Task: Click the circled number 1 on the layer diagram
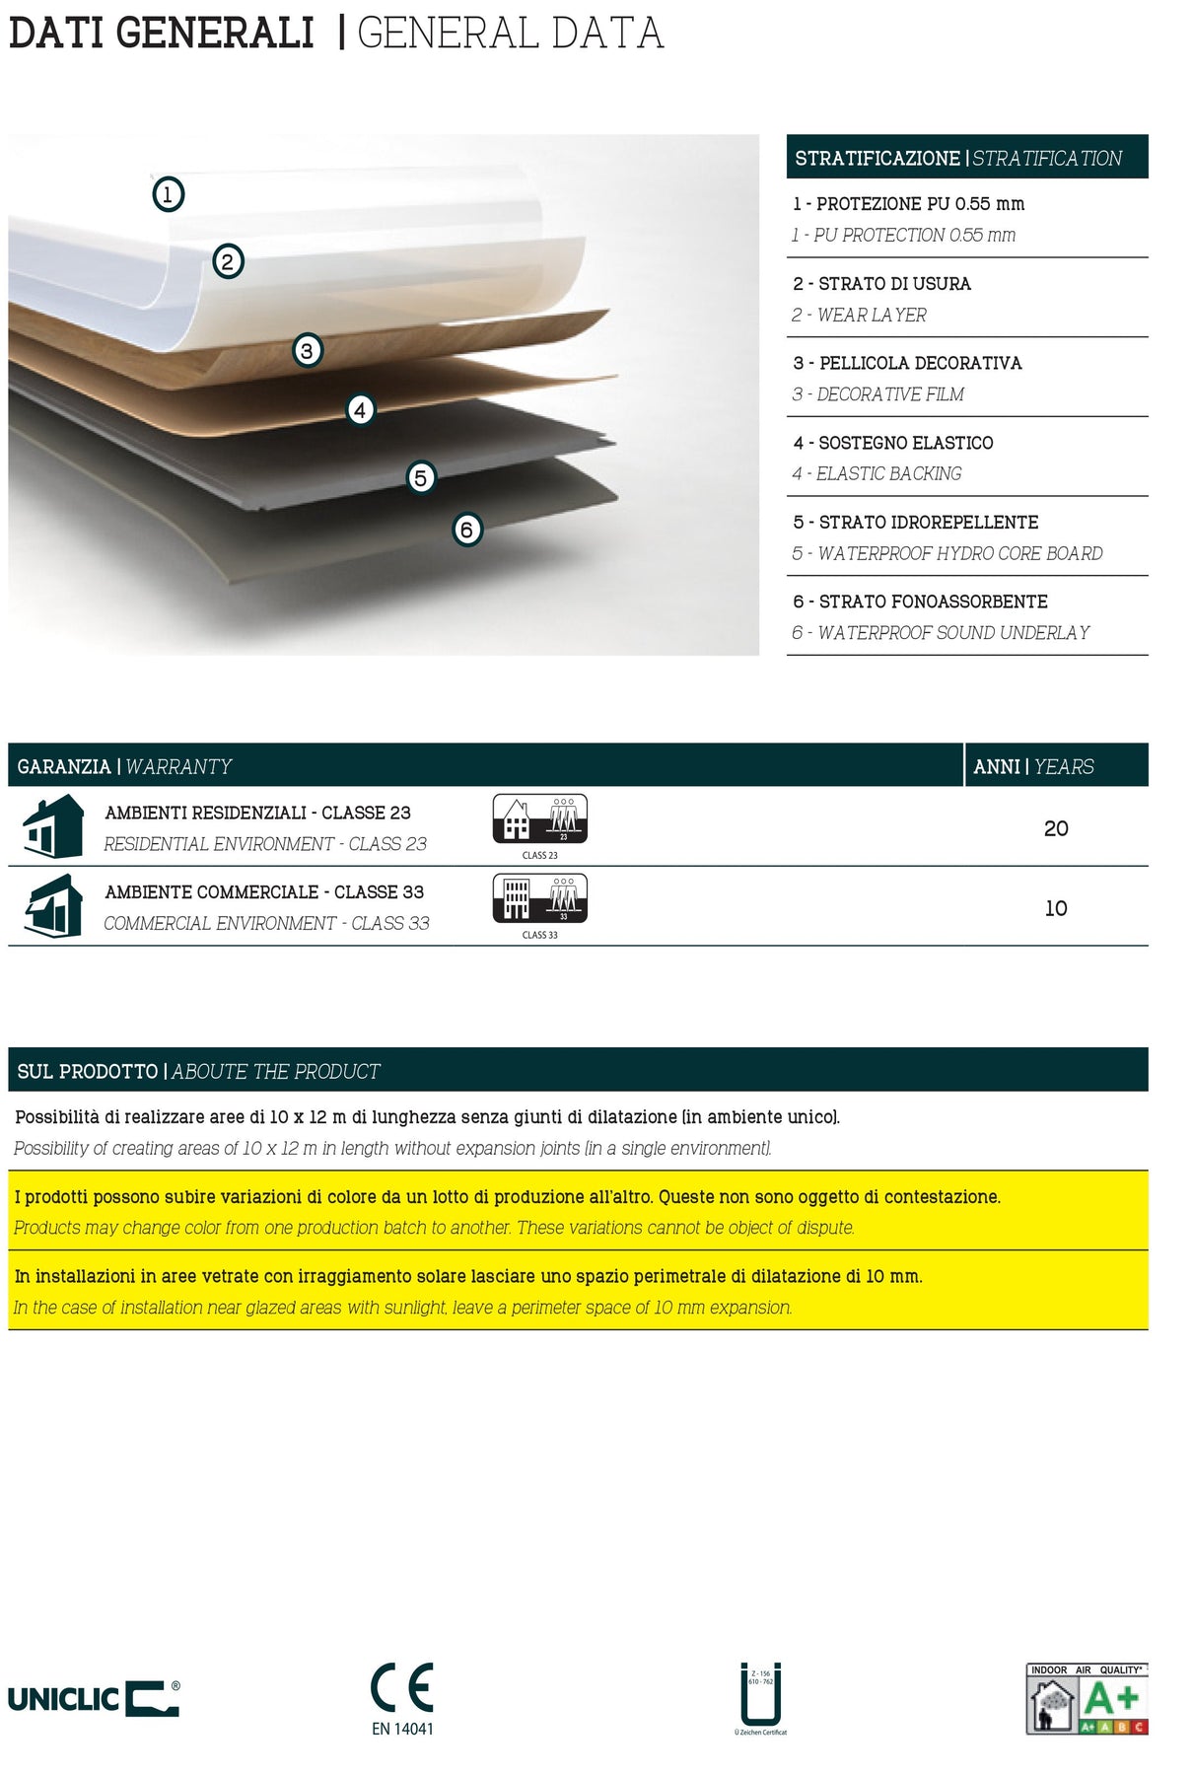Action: point(168,194)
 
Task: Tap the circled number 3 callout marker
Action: point(307,350)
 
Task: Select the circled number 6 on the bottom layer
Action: point(466,530)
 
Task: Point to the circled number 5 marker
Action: point(421,478)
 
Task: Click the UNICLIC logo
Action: point(94,1698)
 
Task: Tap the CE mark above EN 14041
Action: point(402,1687)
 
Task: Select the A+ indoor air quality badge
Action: point(1087,1698)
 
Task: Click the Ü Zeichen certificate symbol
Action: point(760,1693)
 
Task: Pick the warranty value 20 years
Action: point(1056,828)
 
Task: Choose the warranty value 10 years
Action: point(1056,908)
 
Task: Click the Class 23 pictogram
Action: point(539,819)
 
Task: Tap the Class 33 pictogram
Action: point(539,899)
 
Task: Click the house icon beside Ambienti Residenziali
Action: point(53,827)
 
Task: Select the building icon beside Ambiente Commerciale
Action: point(53,906)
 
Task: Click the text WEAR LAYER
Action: point(872,316)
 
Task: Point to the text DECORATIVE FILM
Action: point(890,394)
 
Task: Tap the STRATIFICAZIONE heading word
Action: point(877,158)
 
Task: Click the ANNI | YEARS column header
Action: point(1033,766)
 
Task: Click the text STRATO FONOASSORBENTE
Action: point(933,602)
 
